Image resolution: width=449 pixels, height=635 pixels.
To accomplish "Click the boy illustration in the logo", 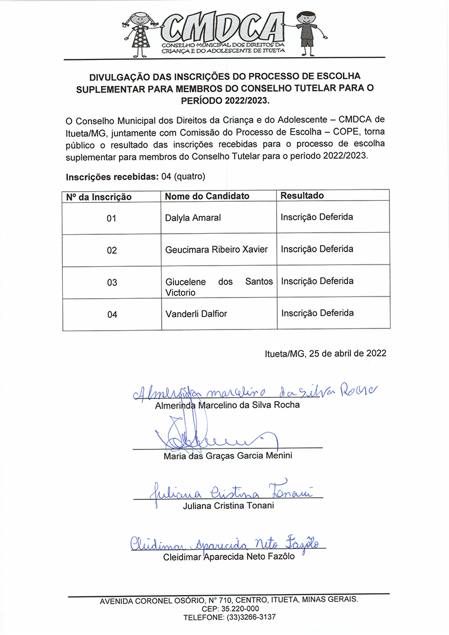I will pyautogui.click(x=305, y=32).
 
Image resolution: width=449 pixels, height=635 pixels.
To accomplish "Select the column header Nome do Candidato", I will pyautogui.click(x=207, y=196).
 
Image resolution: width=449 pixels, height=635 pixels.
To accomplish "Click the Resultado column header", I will pyautogui.click(x=302, y=196).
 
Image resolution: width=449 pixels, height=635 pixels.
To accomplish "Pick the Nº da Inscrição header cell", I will pyautogui.click(x=99, y=197).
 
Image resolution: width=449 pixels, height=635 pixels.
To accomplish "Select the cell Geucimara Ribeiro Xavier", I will pyautogui.click(x=217, y=249).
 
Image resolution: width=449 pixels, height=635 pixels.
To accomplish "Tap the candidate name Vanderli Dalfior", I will pyautogui.click(x=196, y=314).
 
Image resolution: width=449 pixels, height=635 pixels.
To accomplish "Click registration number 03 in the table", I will pyautogui.click(x=112, y=282).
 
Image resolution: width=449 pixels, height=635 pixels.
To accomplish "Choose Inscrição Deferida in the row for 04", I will pyautogui.click(x=317, y=313).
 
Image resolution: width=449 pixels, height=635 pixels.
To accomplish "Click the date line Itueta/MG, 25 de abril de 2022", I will pyautogui.click(x=326, y=354).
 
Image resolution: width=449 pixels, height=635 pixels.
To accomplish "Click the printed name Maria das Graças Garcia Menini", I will pyautogui.click(x=228, y=456).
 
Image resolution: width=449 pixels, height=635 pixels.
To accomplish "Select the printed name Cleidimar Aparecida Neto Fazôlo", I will pyautogui.click(x=228, y=557).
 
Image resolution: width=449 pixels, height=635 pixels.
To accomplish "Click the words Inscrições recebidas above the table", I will pyautogui.click(x=112, y=177).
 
